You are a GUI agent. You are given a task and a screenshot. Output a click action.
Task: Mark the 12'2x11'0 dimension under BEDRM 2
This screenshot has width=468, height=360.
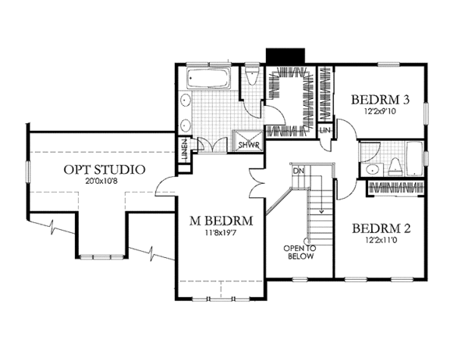point(381,241)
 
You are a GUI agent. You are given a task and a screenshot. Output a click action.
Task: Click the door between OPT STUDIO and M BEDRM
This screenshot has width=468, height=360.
point(165,185)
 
